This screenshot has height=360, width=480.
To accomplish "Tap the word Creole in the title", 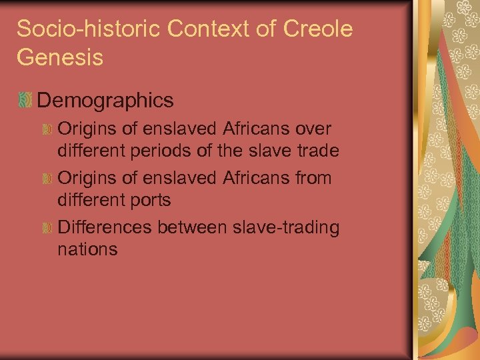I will (x=317, y=29).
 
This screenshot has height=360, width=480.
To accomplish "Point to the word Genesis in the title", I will (x=60, y=57).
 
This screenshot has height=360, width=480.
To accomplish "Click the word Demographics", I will (x=105, y=101).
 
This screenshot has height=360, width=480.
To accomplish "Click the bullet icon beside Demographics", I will (x=25, y=101).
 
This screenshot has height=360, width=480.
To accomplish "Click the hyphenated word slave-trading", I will (x=288, y=228).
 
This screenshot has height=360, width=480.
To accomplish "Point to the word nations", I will (x=88, y=250).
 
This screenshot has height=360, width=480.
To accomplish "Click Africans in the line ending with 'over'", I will (x=244, y=128).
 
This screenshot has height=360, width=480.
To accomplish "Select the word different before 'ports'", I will (x=88, y=200).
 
